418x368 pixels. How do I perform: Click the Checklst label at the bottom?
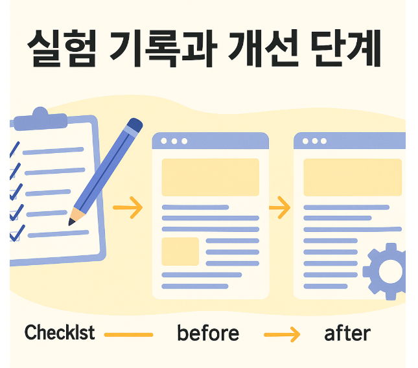tap(59, 333)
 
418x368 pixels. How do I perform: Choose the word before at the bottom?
tap(207, 334)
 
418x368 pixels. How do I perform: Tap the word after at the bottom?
tap(347, 334)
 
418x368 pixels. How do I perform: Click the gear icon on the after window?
tap(387, 270)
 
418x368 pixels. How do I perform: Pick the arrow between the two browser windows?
tap(279, 209)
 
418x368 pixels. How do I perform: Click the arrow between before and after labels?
tap(282, 334)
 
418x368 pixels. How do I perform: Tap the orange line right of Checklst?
tap(128, 334)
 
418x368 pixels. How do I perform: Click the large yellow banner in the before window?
tap(210, 177)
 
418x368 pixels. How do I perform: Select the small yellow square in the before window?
tap(180, 251)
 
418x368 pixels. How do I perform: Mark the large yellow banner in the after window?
tap(353, 177)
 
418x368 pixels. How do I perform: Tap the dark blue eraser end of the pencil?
tap(134, 125)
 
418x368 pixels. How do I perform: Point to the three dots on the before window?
tap(174, 141)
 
